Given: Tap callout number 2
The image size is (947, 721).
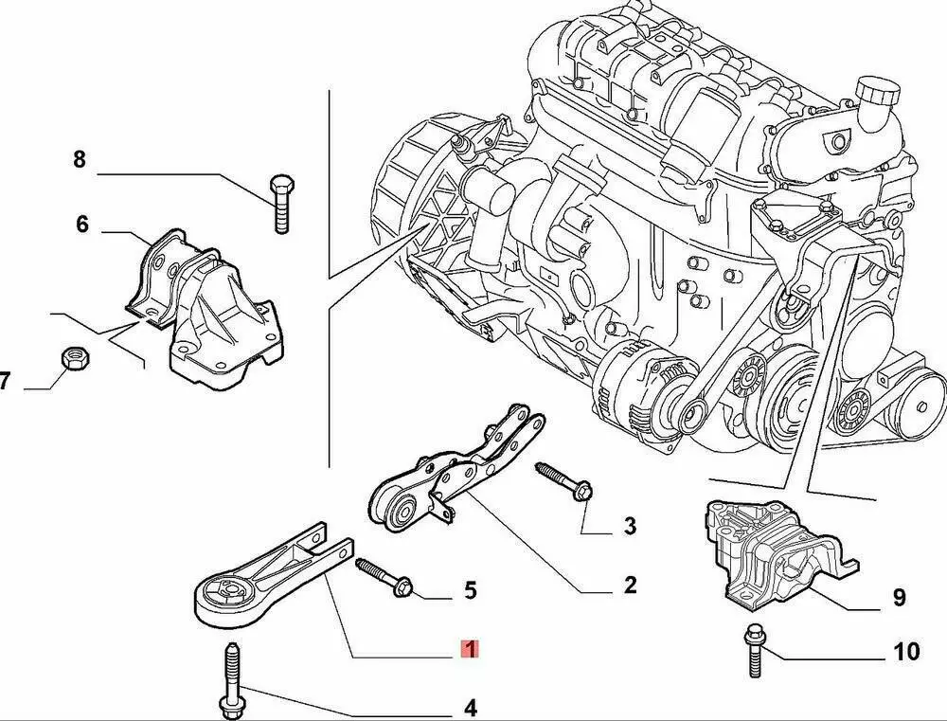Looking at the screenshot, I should coord(630,586).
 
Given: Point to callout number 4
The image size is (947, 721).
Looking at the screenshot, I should coord(470,707).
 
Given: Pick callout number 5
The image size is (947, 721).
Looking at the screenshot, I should coord(470,590).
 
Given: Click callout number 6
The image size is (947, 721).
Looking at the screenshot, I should coord(81,225).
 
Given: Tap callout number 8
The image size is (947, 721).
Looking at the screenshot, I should coord(80,159).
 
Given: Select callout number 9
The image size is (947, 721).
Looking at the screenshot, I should coord(899,597).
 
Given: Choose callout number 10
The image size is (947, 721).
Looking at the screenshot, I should coord(906,651).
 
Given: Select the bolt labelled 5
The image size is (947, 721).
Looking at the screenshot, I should coord(383,577).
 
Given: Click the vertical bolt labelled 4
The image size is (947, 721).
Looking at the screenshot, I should coord(231,681).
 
